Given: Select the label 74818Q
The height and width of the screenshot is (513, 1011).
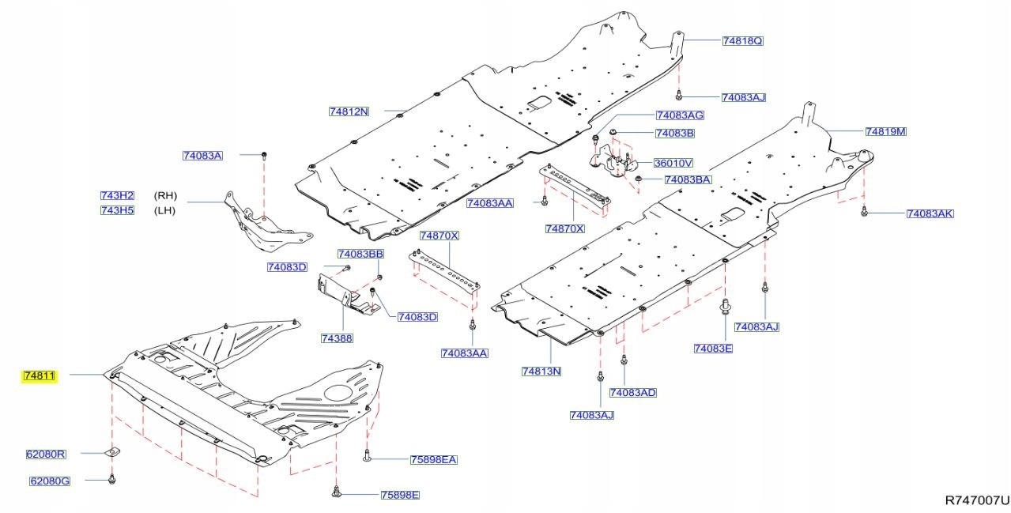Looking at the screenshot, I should [x=742, y=40].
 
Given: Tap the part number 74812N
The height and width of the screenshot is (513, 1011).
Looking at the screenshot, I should [x=349, y=111].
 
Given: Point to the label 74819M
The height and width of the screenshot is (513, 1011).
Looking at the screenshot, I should [x=885, y=131].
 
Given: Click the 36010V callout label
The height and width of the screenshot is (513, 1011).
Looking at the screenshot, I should [x=673, y=163].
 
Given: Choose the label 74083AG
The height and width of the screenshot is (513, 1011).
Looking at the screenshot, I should [x=680, y=115].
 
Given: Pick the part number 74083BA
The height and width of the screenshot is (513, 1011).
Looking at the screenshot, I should [x=688, y=180].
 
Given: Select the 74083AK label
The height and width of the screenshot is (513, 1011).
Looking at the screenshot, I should [x=930, y=213].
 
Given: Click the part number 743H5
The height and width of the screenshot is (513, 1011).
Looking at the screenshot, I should [x=117, y=210].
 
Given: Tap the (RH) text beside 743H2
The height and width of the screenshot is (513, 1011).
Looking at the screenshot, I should [x=165, y=195].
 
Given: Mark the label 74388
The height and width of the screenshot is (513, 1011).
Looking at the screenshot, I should [x=336, y=338].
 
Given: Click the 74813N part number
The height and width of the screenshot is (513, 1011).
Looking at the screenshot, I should [x=541, y=371].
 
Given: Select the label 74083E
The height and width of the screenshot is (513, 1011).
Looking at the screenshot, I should [x=713, y=348].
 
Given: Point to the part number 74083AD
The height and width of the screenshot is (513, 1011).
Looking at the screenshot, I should [x=633, y=392].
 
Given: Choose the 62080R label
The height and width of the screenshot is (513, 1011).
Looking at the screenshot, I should [x=46, y=455].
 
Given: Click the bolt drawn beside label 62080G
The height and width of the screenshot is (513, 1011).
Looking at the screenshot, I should [x=112, y=478].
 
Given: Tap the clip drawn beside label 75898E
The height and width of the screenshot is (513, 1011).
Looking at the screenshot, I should [x=336, y=493].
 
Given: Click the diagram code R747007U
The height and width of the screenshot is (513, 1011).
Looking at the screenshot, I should [x=977, y=500].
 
